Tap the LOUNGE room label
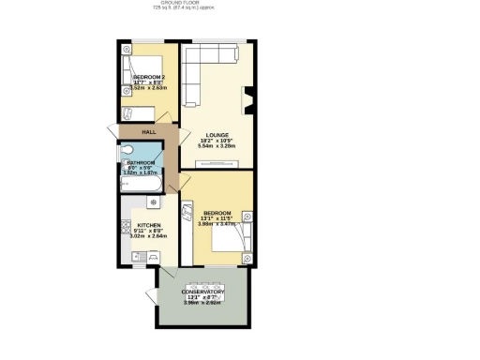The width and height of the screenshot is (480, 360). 217,134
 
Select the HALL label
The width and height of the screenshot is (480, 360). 148,132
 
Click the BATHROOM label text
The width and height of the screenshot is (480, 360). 142,162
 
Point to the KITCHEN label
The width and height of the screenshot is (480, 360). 149,226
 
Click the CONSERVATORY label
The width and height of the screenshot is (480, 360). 203,292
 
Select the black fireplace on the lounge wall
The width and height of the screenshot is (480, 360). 248,98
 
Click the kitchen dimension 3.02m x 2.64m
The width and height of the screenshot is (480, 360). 149,239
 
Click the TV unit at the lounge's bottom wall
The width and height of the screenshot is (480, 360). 216,165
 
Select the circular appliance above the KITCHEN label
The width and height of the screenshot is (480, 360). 154,202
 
